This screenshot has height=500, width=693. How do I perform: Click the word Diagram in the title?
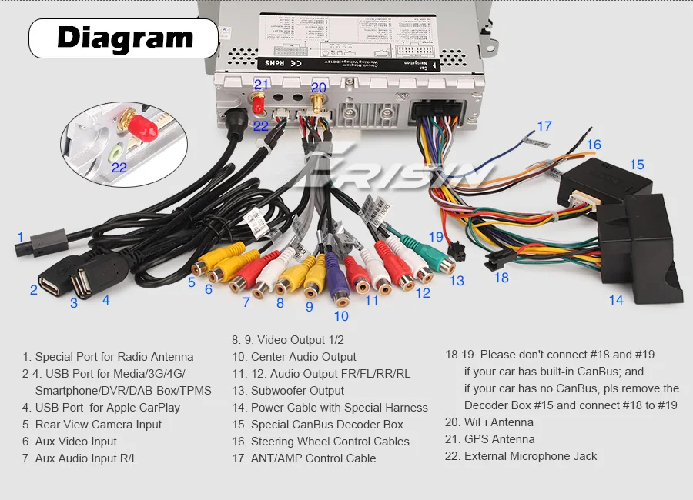pyautogui.click(x=125, y=37)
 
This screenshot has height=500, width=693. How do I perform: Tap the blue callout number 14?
pyautogui.click(x=616, y=300)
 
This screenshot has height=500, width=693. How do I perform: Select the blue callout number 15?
pyautogui.click(x=636, y=165)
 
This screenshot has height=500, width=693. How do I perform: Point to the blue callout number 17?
pyautogui.click(x=544, y=126)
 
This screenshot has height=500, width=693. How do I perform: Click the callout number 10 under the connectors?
pyautogui.click(x=341, y=315)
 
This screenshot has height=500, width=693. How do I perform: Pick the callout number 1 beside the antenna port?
pyautogui.click(x=21, y=237)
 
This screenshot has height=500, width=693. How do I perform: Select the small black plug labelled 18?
pyautogui.click(x=491, y=262)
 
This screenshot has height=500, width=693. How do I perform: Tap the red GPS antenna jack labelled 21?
pyautogui.click(x=259, y=102)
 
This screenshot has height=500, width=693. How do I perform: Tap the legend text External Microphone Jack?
pyautogui.click(x=531, y=456)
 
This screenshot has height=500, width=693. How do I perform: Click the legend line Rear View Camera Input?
pyautogui.click(x=99, y=425)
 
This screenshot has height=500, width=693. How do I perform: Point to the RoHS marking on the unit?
pyautogui.click(x=275, y=62)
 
